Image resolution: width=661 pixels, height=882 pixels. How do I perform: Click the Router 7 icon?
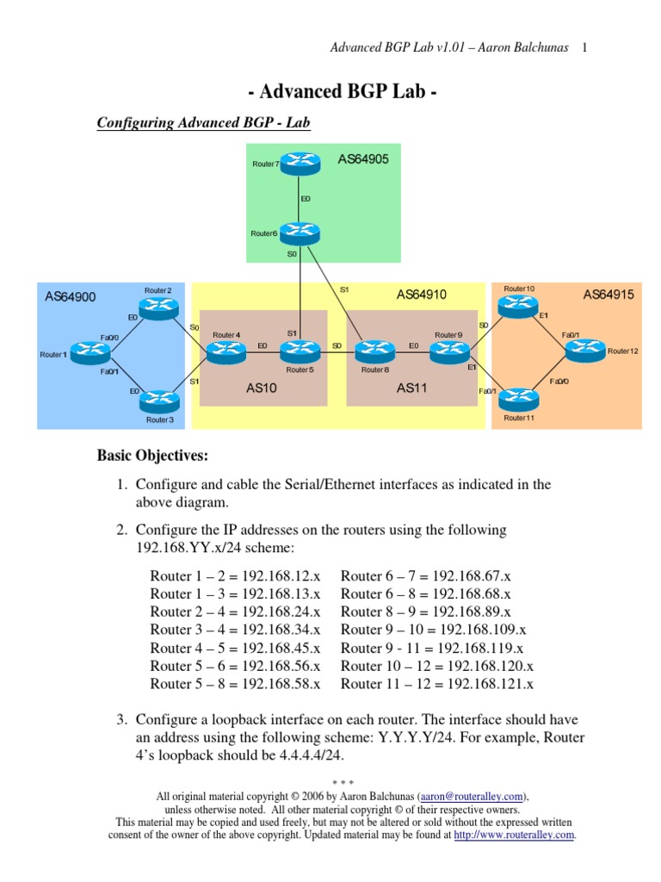pos(300,164)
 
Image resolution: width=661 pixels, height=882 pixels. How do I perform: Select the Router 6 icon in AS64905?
pos(300,232)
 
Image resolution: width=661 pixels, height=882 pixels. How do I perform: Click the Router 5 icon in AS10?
pos(300,349)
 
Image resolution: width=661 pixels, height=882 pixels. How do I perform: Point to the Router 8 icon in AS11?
pos(374,349)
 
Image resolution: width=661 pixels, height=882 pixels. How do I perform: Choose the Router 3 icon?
pos(158,399)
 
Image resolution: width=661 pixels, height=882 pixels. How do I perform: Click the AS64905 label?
pos(363,159)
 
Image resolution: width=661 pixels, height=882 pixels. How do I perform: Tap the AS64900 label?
pos(71,297)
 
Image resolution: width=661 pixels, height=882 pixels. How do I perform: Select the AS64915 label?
pos(608,295)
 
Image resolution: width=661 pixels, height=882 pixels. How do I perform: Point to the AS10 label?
pos(262,388)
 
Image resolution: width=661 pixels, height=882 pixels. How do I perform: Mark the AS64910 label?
pos(422,295)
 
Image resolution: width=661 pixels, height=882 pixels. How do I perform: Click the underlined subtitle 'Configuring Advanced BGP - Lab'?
pos(203,123)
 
